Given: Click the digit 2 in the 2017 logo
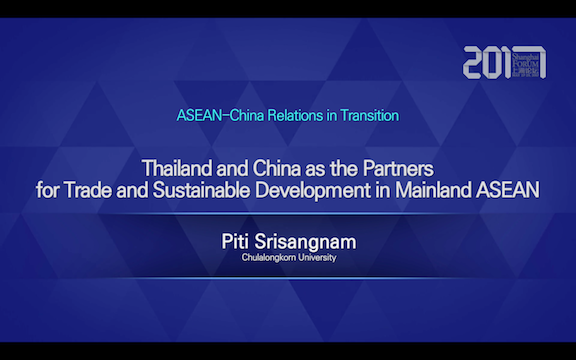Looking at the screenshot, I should point(475,62).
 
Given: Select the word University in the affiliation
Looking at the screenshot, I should point(317,257).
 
